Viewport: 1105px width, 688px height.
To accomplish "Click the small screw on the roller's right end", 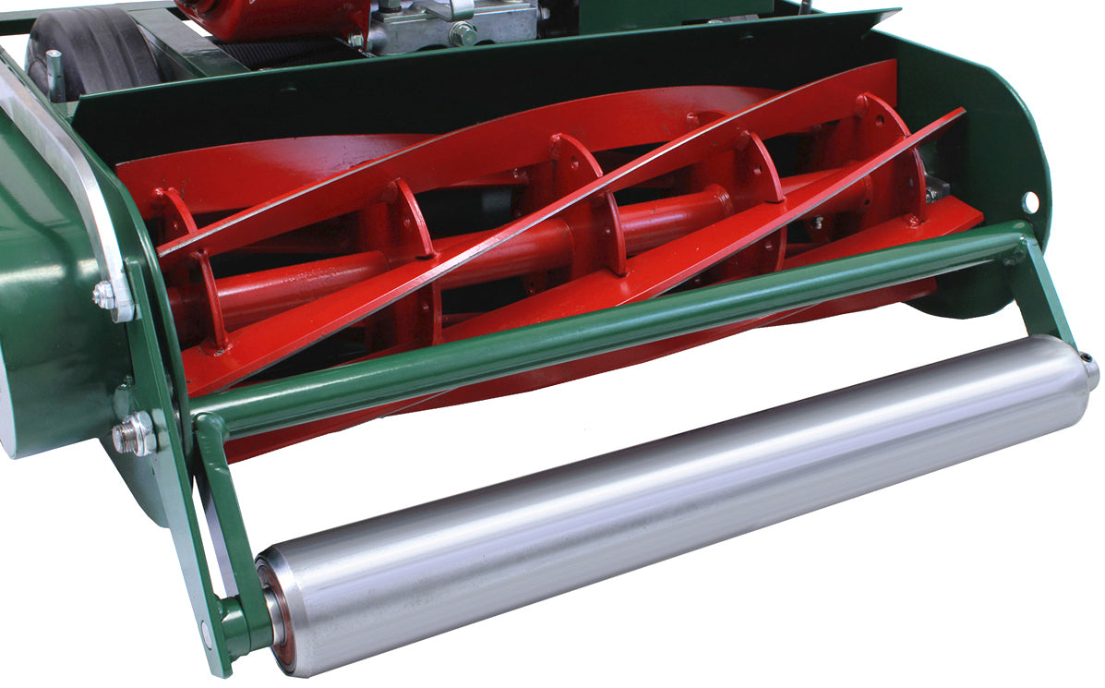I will click(x=1087, y=359).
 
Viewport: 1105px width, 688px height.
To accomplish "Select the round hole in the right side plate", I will click(x=1029, y=201).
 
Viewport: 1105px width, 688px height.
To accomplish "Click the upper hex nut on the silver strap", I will click(x=104, y=296).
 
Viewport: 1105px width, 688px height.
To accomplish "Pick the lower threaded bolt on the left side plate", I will click(x=135, y=434).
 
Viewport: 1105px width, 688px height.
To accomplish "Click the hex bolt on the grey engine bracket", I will click(x=462, y=34).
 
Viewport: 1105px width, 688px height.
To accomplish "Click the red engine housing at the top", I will click(x=268, y=18).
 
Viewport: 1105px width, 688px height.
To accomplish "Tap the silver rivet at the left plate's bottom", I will click(x=205, y=634).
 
